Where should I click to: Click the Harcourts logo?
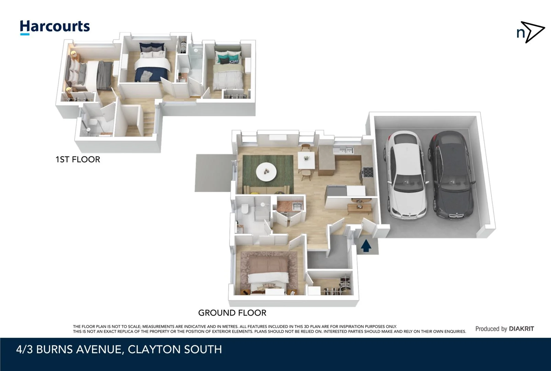(55, 27)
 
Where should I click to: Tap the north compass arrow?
(531, 32)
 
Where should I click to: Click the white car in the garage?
(406, 175)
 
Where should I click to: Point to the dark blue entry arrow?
(366, 246)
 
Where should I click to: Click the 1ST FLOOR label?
(78, 159)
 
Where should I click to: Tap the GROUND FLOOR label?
(232, 313)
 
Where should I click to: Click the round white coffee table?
(266, 171)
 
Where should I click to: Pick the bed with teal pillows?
(228, 72)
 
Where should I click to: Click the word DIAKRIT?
(521, 329)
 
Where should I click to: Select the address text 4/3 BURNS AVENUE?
(69, 349)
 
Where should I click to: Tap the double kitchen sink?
(345, 150)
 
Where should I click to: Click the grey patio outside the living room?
(213, 173)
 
